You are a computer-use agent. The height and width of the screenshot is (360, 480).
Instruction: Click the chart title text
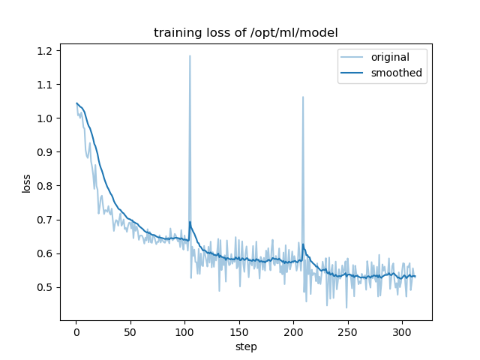245,33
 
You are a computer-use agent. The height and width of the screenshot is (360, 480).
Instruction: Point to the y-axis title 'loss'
26,183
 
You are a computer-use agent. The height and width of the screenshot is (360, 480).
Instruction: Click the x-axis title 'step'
245,346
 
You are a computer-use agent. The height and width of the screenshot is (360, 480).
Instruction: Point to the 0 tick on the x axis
76,331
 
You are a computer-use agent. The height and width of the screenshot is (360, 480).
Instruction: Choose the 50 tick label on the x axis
130,331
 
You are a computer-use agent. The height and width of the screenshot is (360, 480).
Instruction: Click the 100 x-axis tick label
184,331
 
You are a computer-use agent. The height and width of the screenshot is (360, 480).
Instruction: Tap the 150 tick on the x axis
239,331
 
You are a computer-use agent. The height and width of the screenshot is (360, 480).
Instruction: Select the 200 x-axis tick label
293,331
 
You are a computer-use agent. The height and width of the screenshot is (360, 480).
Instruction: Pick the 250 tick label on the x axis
348,331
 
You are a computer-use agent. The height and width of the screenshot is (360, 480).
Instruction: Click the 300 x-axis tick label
402,331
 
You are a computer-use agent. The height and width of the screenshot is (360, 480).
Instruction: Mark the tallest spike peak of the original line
190,55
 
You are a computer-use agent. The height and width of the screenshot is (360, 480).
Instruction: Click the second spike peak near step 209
303,97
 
